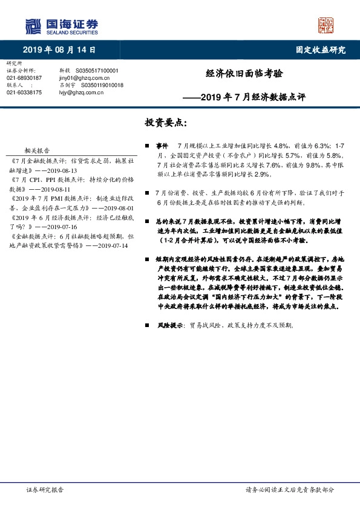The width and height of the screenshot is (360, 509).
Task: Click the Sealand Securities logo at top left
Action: [61, 26]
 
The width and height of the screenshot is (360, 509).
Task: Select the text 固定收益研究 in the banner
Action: [320, 50]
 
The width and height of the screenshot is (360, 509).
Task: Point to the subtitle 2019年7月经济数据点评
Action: [252, 96]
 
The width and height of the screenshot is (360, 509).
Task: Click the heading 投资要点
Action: [166, 123]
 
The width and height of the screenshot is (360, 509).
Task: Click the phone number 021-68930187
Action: [24, 78]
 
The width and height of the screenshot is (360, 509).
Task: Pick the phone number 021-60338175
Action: [24, 92]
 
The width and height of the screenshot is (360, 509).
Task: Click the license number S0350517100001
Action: [99, 71]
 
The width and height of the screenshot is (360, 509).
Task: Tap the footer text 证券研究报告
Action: [45, 490]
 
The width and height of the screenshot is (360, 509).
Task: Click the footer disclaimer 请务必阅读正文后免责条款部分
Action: [289, 490]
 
